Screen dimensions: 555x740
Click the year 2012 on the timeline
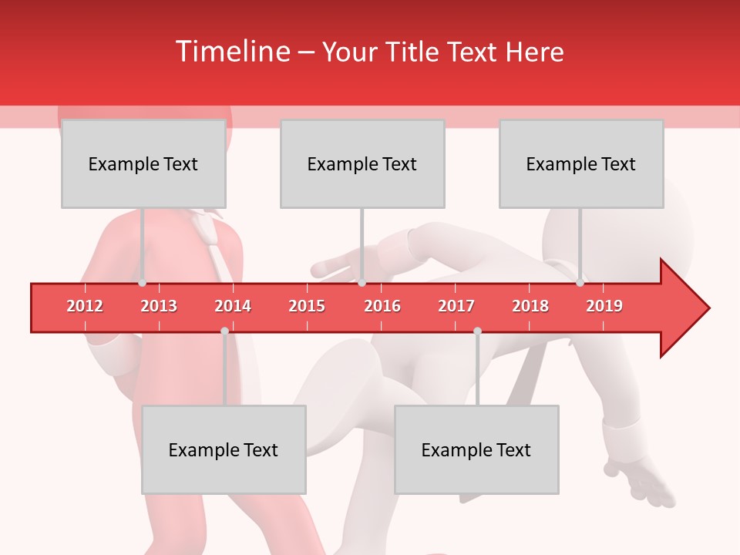85,306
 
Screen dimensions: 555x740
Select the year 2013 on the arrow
159,306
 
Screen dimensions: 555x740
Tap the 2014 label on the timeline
233,306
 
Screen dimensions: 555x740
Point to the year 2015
307,306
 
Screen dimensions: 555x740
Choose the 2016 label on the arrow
382,306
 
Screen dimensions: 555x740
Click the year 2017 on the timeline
456,306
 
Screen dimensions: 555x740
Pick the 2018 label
530,306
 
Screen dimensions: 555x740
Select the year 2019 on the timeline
604,306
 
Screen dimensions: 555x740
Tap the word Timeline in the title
232,52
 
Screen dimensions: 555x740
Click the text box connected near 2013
143,163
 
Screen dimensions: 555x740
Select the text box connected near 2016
362,163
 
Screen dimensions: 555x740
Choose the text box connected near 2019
581,163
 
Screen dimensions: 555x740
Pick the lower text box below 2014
224,449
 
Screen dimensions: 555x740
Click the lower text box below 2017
476,449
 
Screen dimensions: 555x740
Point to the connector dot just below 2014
224,331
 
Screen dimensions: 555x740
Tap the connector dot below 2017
477,331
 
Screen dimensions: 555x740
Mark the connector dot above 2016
362,283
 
